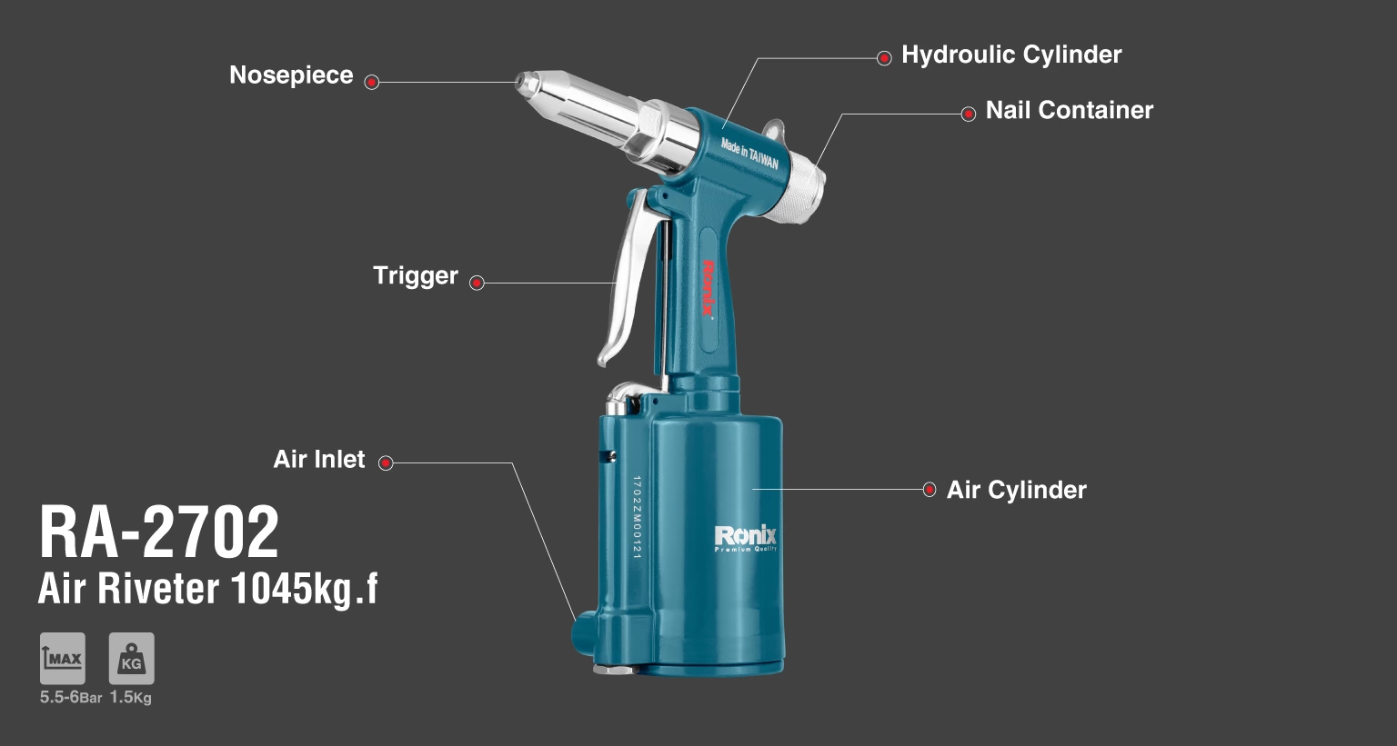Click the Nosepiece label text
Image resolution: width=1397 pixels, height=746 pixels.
[291, 75]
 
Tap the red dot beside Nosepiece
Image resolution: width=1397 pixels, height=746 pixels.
[372, 83]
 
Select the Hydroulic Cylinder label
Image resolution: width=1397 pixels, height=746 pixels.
[1011, 55]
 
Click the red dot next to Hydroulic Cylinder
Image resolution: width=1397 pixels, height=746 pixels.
[884, 58]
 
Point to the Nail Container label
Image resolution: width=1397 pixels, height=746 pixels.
[1070, 110]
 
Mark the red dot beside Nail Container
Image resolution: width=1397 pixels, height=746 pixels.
[968, 114]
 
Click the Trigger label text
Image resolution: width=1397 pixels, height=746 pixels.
[416, 276]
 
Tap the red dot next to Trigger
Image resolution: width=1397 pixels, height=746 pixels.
[477, 283]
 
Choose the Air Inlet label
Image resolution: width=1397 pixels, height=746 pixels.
[318, 459]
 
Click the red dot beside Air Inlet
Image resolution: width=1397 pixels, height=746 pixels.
[386, 463]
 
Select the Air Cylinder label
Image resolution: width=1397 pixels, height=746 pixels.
[1017, 490]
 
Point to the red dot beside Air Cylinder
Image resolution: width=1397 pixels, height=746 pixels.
[930, 490]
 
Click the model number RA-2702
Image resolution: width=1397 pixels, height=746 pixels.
[159, 532]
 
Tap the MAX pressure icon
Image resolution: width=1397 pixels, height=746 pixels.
[63, 659]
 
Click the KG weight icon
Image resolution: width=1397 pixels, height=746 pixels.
[132, 659]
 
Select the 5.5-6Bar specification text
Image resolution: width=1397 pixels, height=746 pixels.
[70, 698]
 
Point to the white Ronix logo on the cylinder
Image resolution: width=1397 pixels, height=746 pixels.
[745, 539]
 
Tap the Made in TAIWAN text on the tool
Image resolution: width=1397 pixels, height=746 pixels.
[749, 154]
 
